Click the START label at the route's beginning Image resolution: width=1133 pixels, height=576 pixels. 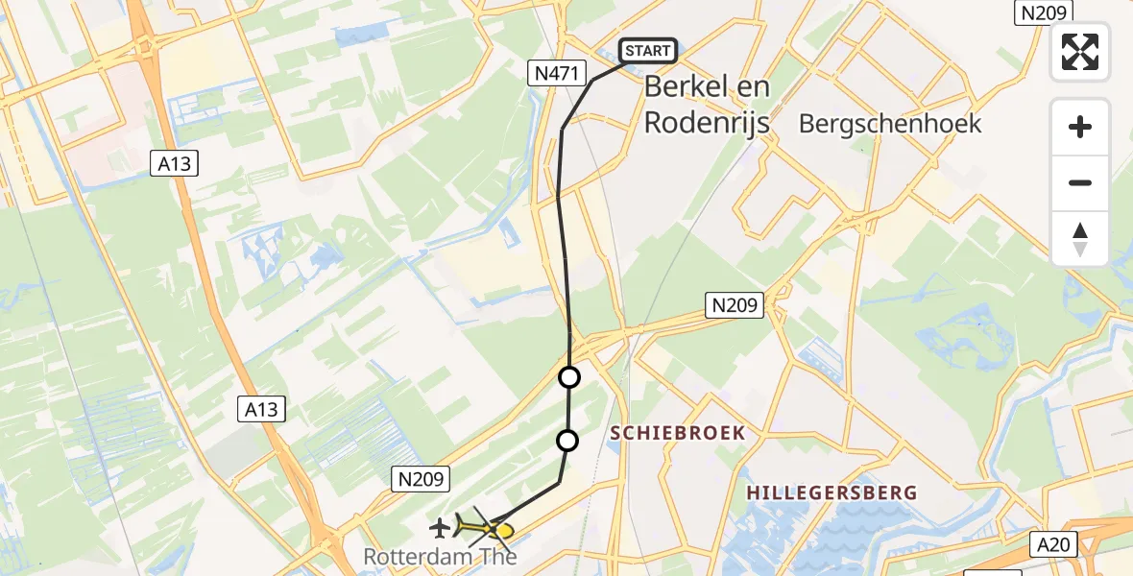pyautogui.click(x=650, y=51)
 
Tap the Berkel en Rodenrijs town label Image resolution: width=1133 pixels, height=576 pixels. pyautogui.click(x=707, y=105)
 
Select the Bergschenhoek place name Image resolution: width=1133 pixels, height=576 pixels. pyautogui.click(x=890, y=123)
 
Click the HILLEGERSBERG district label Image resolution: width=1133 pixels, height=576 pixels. pyautogui.click(x=832, y=492)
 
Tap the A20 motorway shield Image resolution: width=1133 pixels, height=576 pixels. pyautogui.click(x=1055, y=544)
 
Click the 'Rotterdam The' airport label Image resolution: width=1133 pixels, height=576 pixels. pyautogui.click(x=440, y=556)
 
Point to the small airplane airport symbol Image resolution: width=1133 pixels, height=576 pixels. pyautogui.click(x=440, y=526)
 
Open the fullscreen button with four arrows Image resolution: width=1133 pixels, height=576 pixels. pyautogui.click(x=1080, y=51)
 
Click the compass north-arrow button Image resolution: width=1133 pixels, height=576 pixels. pyautogui.click(x=1080, y=239)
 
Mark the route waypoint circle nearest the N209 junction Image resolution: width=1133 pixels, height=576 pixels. pyautogui.click(x=569, y=377)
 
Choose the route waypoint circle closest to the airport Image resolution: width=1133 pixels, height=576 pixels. pyautogui.click(x=567, y=441)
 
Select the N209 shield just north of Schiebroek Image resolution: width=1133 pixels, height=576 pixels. pyautogui.click(x=735, y=306)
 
